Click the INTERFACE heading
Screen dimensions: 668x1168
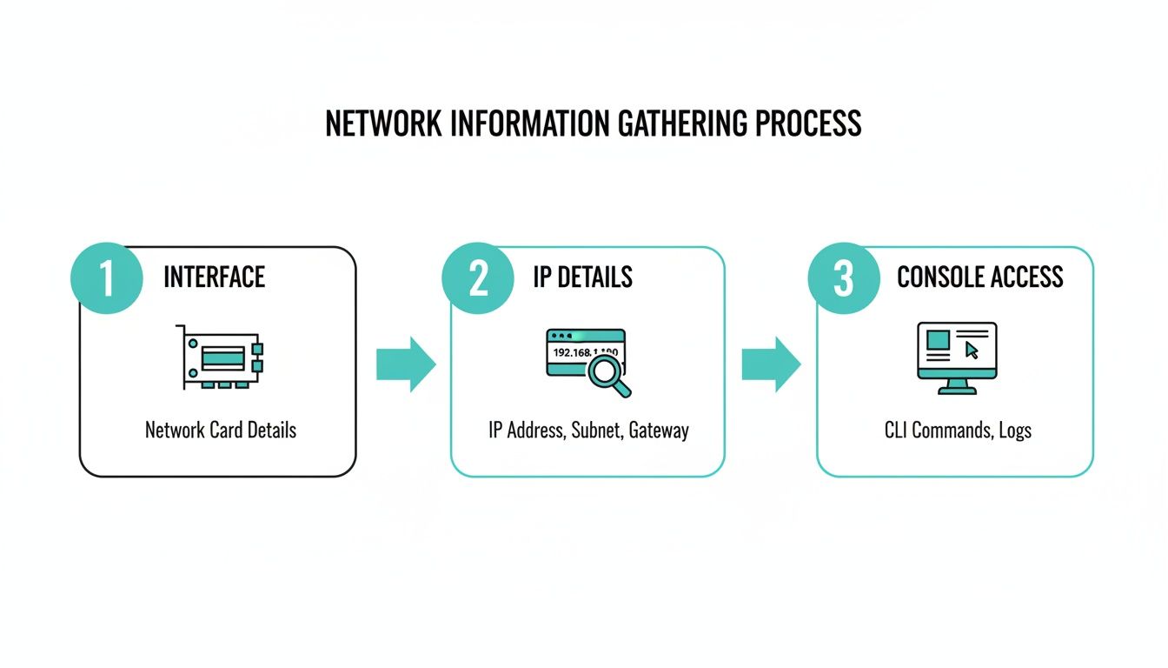tap(214, 277)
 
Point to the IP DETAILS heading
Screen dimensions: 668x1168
tap(582, 277)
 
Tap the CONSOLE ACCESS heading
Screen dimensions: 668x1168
tap(979, 277)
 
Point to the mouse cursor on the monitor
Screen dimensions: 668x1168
tap(972, 350)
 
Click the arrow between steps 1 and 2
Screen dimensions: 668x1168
tap(405, 364)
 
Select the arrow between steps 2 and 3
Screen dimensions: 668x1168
tap(770, 364)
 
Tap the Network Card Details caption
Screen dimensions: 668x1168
tap(220, 430)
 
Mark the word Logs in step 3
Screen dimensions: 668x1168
tap(1014, 430)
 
